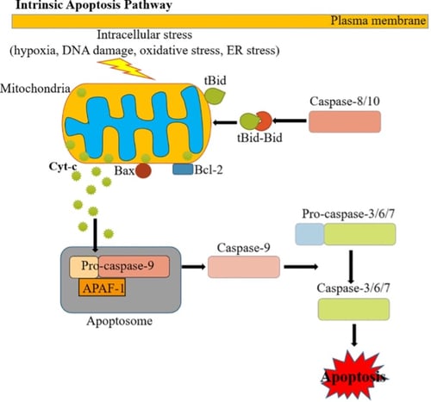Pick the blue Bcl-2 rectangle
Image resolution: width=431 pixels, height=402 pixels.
tap(183, 169)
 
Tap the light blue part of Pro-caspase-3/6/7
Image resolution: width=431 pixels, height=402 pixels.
tap(309, 234)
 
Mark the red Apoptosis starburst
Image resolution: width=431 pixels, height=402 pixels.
tap(353, 376)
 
